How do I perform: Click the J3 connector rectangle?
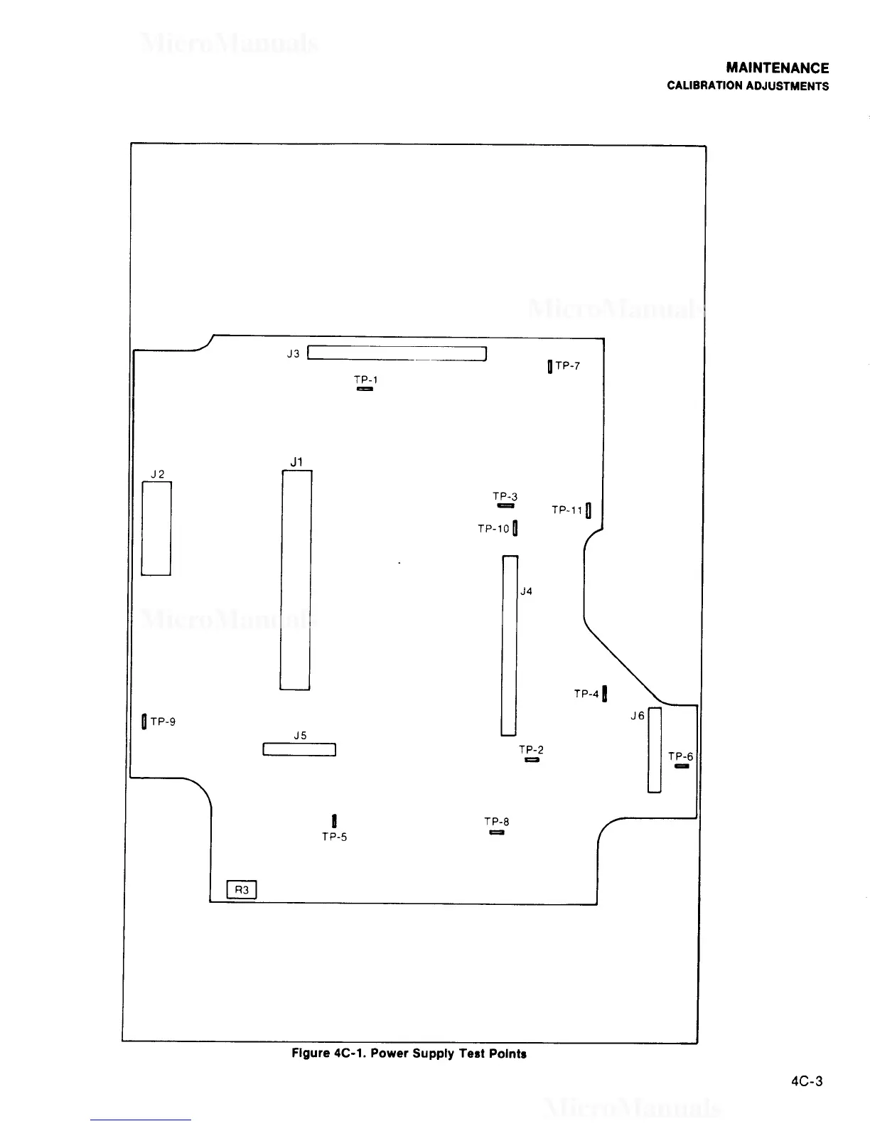[397, 353]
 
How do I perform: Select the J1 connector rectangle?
[296, 580]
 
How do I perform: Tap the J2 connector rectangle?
[156, 528]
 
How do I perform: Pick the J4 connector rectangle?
[510, 645]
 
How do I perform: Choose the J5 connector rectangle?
[299, 749]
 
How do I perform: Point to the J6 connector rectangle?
[655, 750]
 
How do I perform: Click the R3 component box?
[242, 890]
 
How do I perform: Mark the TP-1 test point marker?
[365, 388]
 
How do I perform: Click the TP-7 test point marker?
[550, 367]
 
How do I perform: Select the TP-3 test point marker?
[506, 505]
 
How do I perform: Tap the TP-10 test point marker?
[515, 528]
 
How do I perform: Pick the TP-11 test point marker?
[589, 510]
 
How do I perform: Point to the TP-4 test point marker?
[604, 693]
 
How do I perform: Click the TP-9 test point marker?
[144, 722]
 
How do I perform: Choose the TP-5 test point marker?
[334, 822]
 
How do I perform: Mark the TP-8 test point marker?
[497, 832]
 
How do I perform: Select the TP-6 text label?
[680, 756]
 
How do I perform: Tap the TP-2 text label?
[531, 750]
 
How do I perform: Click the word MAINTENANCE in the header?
[778, 68]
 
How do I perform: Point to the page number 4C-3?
[807, 1082]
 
